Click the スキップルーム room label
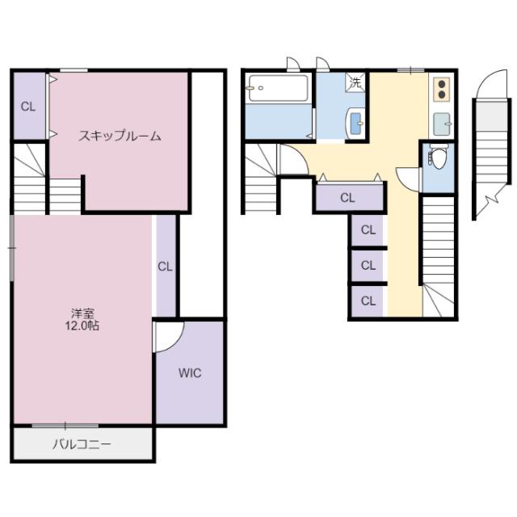(x=120, y=136)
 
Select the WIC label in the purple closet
(x=190, y=373)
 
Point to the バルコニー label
(x=82, y=443)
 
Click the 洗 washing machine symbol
(x=355, y=82)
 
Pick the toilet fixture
(x=438, y=155)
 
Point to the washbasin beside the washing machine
(x=355, y=122)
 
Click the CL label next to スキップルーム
(x=27, y=107)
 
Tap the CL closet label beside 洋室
(x=165, y=266)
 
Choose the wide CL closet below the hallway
(x=348, y=197)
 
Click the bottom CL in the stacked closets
(x=368, y=301)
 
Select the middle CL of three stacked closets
(x=368, y=265)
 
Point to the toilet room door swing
(x=409, y=176)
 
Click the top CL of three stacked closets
(x=368, y=230)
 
